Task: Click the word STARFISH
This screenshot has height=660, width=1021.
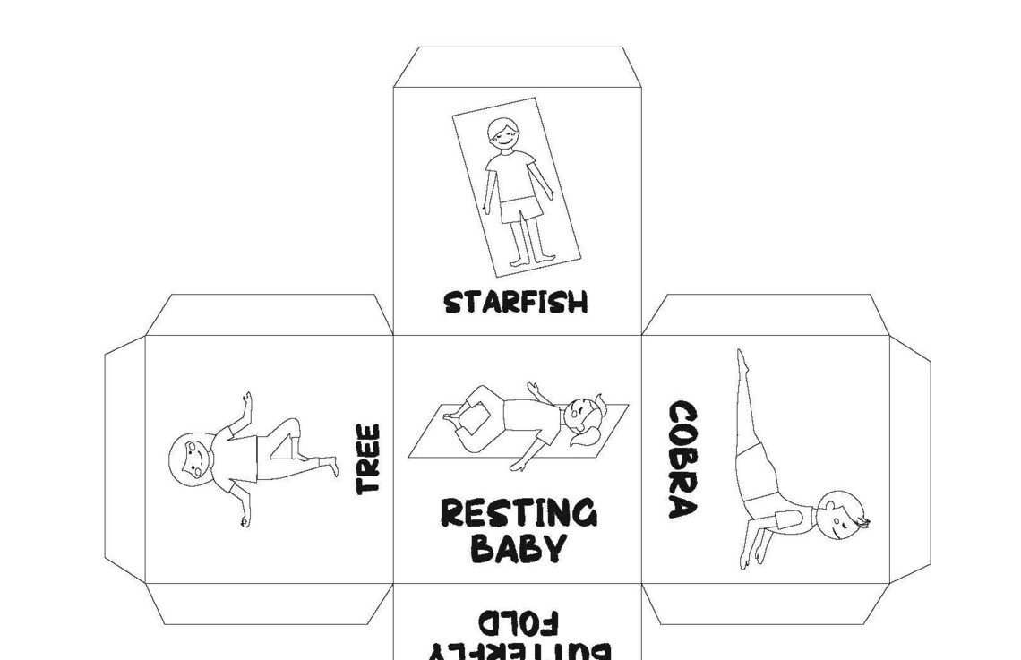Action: pyautogui.click(x=516, y=302)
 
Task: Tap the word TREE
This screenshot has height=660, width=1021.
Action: pyautogui.click(x=368, y=458)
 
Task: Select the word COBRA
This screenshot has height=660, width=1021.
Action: pyautogui.click(x=682, y=459)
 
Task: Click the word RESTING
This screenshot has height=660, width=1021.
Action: pyautogui.click(x=518, y=513)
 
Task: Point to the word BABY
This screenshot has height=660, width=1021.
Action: pyautogui.click(x=518, y=547)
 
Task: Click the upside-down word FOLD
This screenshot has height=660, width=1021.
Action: pyautogui.click(x=519, y=620)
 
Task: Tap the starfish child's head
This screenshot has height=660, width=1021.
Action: pyautogui.click(x=502, y=135)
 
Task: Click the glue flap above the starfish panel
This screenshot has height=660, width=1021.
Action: pyautogui.click(x=518, y=67)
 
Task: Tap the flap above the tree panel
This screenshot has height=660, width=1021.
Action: pyautogui.click(x=269, y=314)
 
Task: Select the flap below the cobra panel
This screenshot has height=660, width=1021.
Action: pyautogui.click(x=765, y=604)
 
